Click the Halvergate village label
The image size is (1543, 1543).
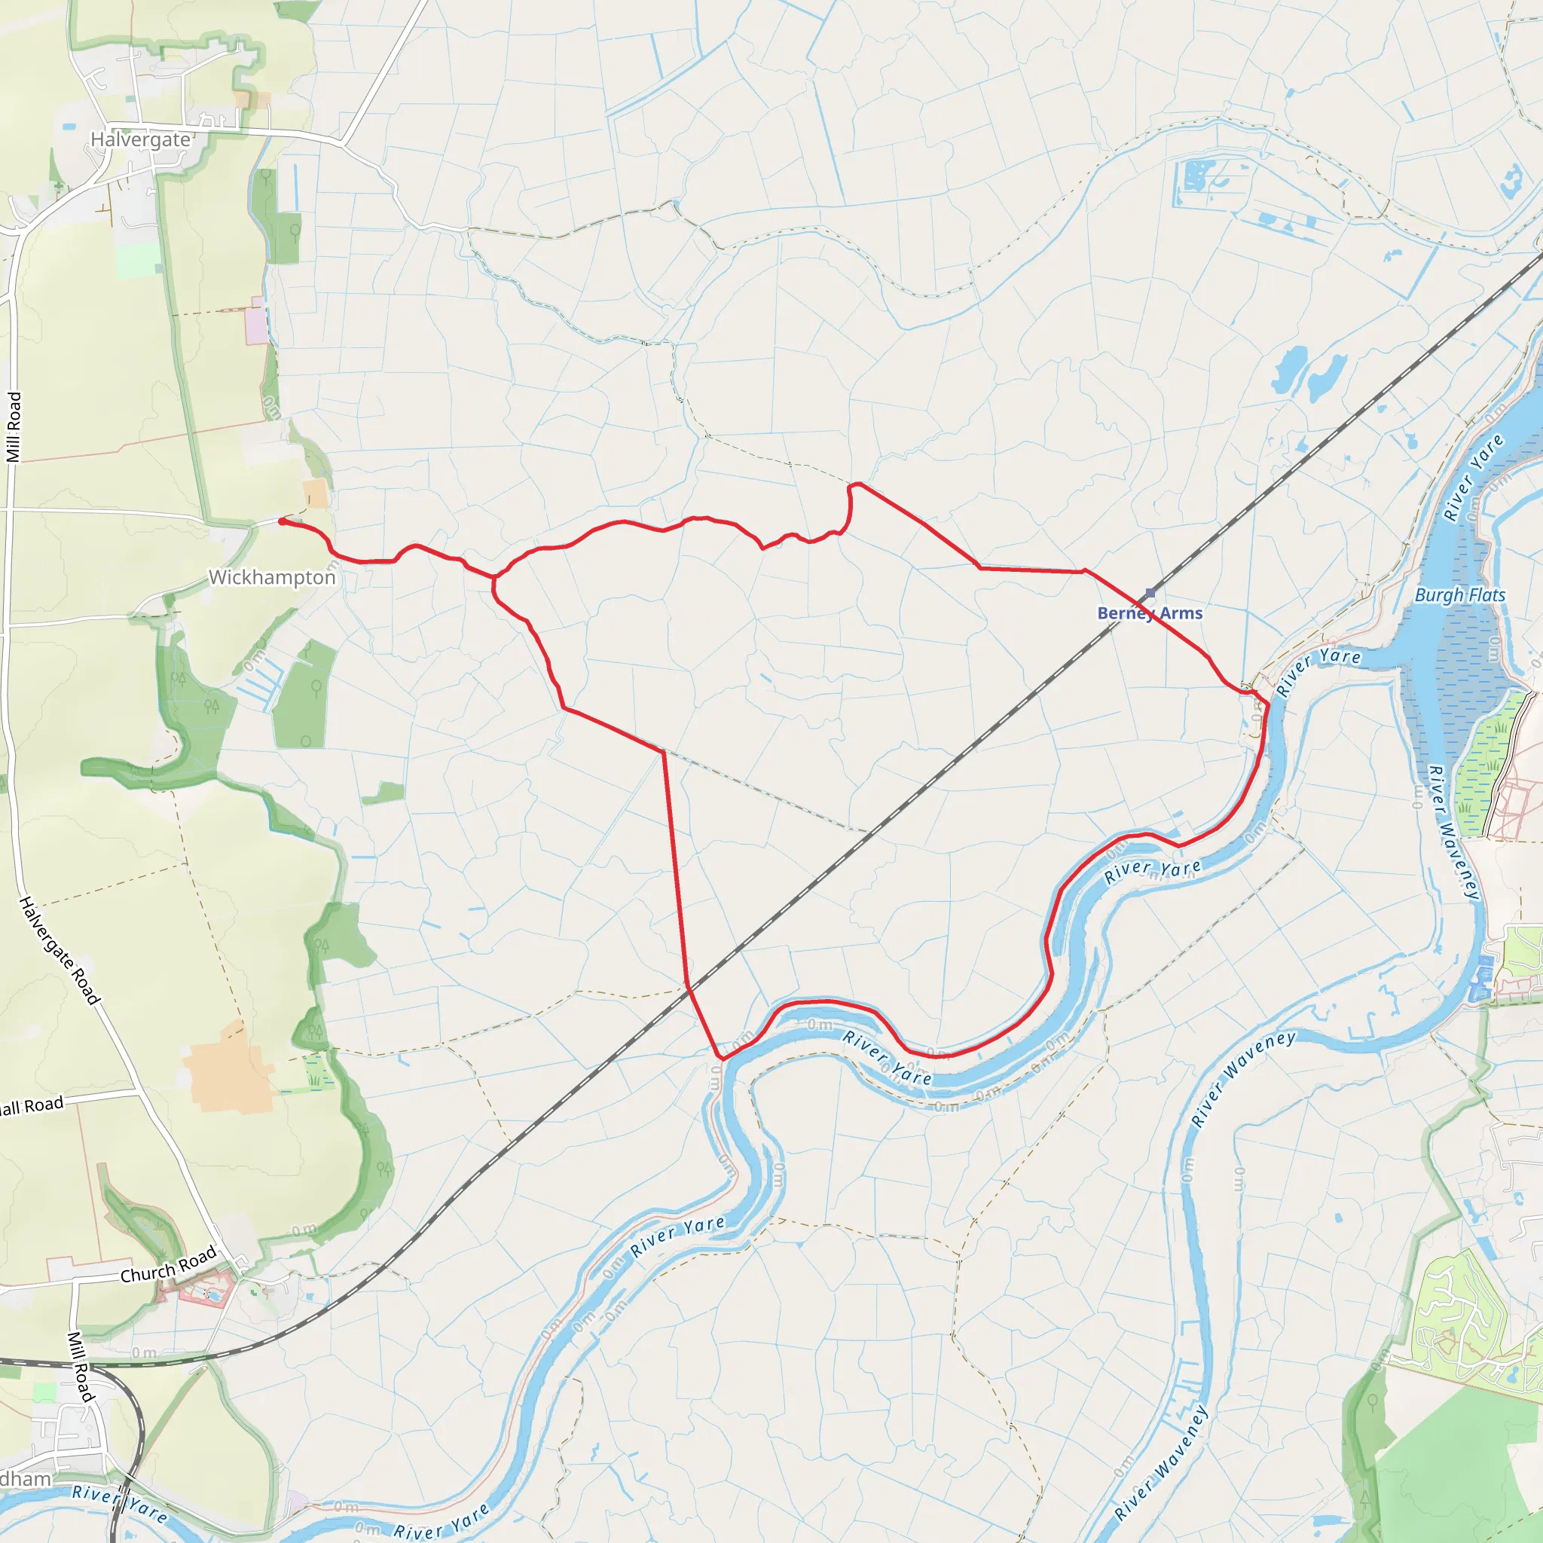pos(141,140)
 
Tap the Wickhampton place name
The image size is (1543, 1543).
pos(271,577)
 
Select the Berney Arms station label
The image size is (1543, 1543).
pos(1149,613)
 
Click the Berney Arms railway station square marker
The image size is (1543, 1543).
pos(1150,593)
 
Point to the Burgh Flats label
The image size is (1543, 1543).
pos(1460,595)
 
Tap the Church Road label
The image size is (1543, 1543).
pos(169,1263)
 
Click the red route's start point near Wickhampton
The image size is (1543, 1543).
pos(282,521)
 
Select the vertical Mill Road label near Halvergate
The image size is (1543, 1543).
pos(14,426)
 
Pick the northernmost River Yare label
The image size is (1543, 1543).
pos(1474,478)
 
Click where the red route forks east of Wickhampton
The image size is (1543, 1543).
pos(495,576)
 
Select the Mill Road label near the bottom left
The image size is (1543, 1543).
pos(80,1367)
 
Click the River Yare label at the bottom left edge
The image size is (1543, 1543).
pos(120,1502)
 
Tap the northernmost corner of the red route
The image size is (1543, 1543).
pos(854,484)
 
